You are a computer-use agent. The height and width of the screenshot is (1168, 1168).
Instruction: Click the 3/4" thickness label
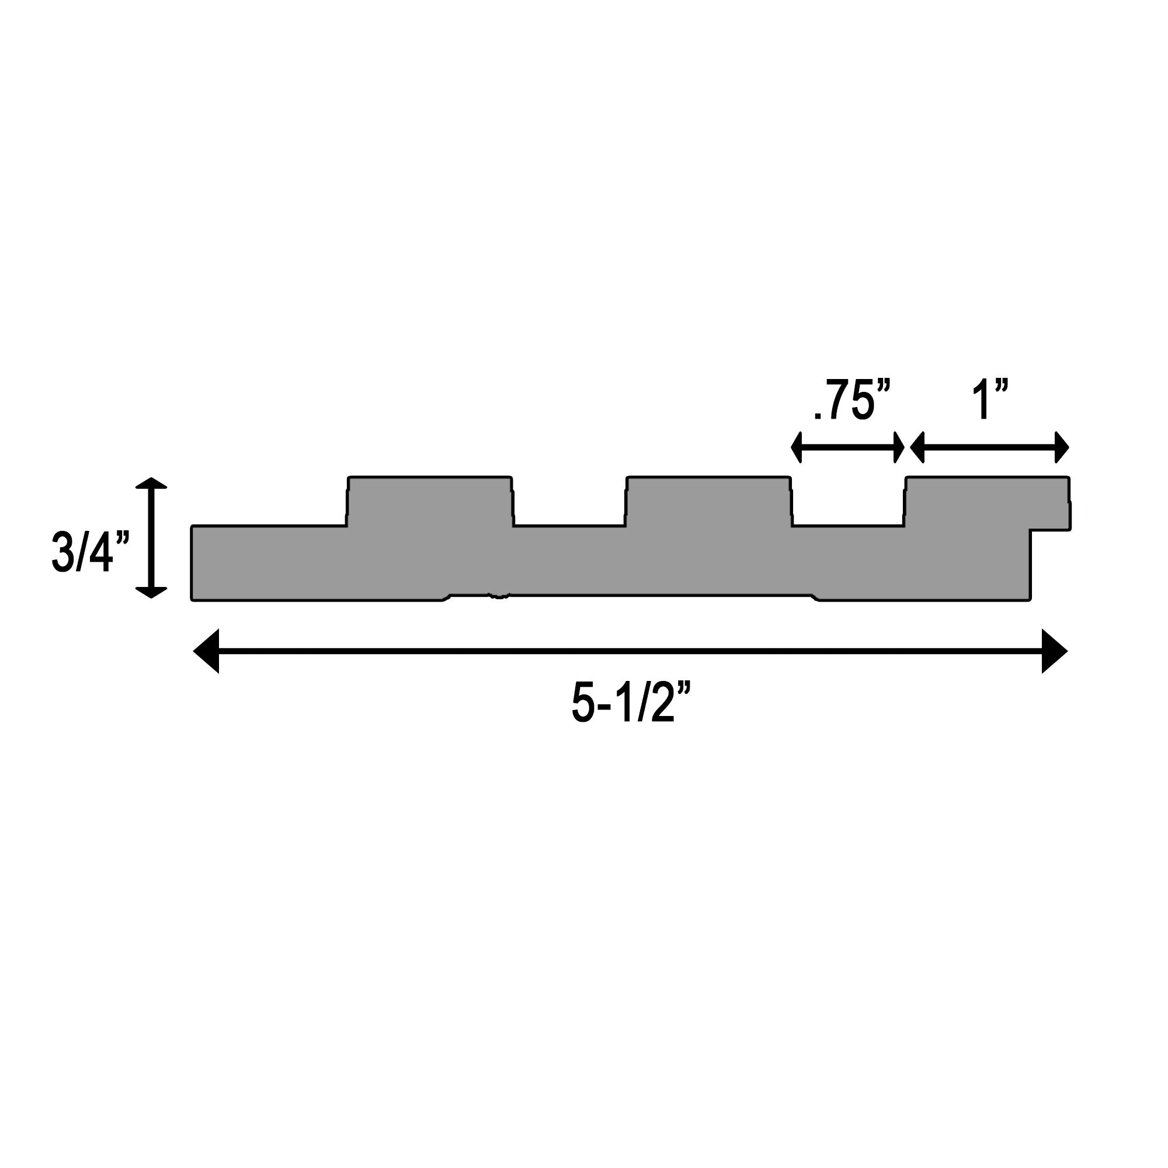[91, 551]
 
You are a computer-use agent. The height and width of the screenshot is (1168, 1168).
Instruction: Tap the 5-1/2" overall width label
[631, 703]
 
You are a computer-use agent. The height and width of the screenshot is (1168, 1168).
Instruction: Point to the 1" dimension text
[990, 400]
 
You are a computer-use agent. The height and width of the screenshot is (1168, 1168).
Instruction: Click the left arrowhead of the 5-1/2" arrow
[207, 651]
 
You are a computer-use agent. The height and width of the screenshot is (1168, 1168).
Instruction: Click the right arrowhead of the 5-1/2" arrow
[1054, 651]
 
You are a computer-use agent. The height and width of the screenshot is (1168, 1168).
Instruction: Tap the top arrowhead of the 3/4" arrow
[151, 483]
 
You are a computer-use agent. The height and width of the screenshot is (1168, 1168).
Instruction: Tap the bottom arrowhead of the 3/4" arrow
[151, 592]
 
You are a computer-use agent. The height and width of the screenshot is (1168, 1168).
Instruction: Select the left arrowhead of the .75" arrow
[797, 448]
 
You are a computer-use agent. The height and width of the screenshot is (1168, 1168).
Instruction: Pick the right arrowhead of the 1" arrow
[1062, 448]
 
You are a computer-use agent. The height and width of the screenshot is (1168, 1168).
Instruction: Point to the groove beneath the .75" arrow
[847, 514]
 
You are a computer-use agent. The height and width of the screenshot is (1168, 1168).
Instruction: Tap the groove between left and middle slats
[569, 514]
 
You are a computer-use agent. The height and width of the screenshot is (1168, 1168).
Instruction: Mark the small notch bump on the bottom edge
[499, 597]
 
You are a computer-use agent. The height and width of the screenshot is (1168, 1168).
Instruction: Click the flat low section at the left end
[269, 562]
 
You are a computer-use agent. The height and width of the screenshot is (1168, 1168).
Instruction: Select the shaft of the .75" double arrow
[847, 448]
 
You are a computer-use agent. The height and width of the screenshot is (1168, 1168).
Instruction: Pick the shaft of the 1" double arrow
[990, 448]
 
